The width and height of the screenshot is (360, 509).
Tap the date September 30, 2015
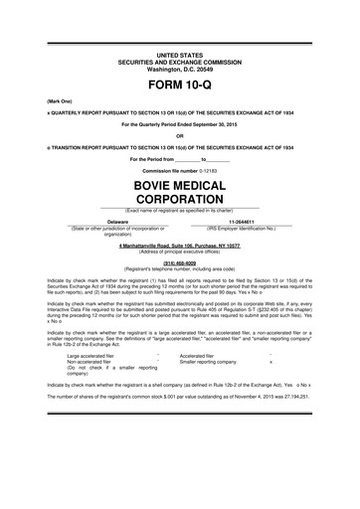[218, 124]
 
